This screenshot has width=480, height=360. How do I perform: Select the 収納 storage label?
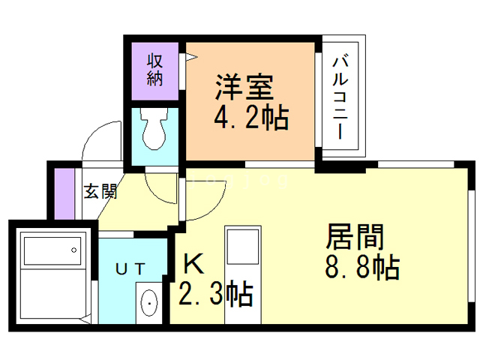[155, 70]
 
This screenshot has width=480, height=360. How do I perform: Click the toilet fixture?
[155, 132]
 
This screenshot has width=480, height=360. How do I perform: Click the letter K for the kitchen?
[193, 263]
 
